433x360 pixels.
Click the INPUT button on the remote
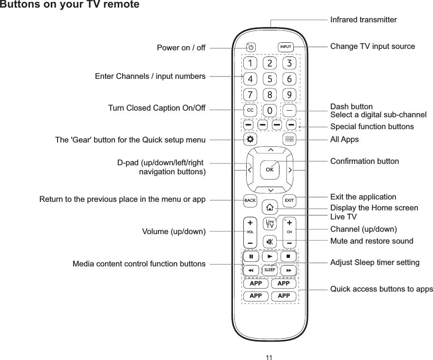[285, 47]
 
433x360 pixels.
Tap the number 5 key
[269, 78]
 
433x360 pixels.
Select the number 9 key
[289, 94]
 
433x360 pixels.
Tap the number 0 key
[269, 111]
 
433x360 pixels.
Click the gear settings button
[250, 140]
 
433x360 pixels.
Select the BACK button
[250, 200]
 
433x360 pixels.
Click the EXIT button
[289, 200]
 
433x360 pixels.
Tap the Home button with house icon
[269, 207]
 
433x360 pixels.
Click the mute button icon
[269, 242]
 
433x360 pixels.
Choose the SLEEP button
[269, 270]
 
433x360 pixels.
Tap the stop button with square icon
[289, 256]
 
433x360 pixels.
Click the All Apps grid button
[289, 140]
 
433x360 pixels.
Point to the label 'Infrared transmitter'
[363, 20]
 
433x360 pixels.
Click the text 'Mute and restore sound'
[372, 241]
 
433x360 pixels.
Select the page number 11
[269, 357]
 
